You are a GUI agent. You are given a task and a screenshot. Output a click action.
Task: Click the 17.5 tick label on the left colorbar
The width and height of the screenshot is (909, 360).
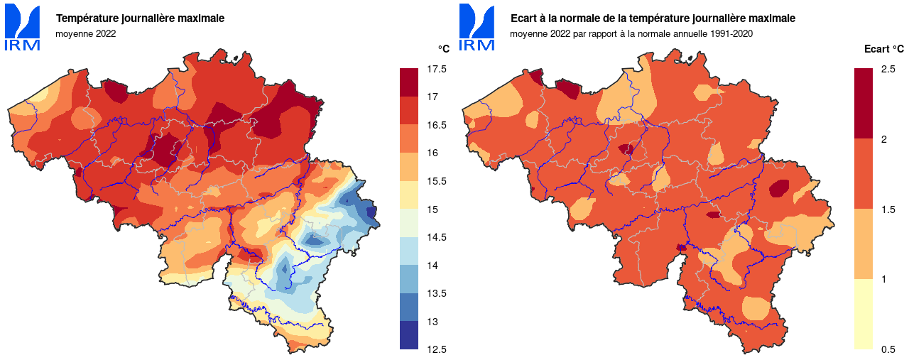pos(437,69)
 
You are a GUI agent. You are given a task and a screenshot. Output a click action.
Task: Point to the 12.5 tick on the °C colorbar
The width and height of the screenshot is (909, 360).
pos(437,349)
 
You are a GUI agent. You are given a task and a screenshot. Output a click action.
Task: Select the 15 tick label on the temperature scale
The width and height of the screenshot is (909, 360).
pos(432,209)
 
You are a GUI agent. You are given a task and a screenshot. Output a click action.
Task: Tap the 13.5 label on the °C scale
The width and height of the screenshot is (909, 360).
pos(437,293)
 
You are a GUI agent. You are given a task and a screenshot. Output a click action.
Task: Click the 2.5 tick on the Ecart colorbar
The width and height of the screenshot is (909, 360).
pos(888,69)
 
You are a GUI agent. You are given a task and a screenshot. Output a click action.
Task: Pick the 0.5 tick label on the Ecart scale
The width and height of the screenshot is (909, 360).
pos(888,349)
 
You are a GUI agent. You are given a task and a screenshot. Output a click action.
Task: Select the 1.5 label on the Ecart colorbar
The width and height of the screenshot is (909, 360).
pos(888,209)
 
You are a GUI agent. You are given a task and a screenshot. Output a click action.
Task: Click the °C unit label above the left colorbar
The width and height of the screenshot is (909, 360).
pos(443,49)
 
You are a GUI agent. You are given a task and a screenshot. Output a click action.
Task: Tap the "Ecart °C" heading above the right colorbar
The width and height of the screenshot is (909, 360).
pos(883,49)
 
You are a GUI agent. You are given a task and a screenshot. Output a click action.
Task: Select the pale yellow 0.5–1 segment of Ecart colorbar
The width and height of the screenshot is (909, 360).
pos(863,314)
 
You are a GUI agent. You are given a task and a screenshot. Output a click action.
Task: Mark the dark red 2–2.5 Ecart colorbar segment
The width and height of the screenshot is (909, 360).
pos(863,103)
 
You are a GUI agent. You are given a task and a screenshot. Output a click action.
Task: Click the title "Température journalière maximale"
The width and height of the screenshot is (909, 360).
pos(140,18)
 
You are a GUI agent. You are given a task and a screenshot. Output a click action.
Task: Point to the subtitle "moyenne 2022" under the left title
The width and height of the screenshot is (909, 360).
pos(85,33)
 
